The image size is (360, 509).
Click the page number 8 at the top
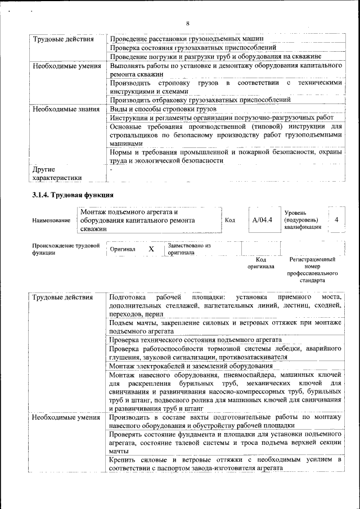[x=188, y=23]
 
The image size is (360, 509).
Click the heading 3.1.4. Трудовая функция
[x=73, y=195]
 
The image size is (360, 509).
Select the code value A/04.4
[x=262, y=220]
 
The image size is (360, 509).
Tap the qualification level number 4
[x=336, y=220]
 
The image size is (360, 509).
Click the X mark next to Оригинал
[x=151, y=249]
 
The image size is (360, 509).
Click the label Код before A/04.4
[x=229, y=220]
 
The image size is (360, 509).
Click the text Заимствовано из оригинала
[x=189, y=249]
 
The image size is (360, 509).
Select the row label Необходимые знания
[x=62, y=109]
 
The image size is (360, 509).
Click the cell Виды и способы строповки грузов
[x=163, y=109]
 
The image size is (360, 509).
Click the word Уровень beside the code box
[x=295, y=213]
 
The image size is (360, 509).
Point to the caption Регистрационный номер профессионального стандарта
[x=312, y=269]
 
